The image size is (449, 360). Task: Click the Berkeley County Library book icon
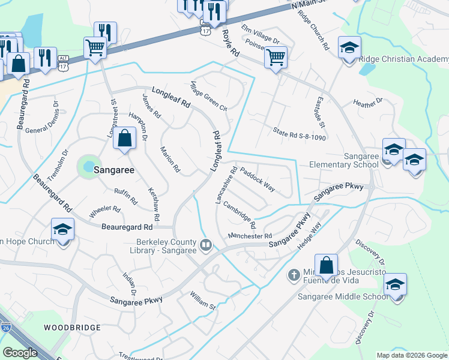tap(206, 245)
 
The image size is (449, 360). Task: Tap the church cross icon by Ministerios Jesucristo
tap(294, 275)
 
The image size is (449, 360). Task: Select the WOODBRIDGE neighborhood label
tap(68, 328)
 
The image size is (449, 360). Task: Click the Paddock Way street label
tap(258, 179)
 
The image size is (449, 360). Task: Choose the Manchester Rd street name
tap(250, 236)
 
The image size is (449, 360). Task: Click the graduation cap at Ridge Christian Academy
tap(349, 47)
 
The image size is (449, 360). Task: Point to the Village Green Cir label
tap(209, 96)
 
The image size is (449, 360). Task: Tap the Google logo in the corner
tap(20, 353)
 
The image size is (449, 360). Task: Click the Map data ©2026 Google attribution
tap(412, 355)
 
